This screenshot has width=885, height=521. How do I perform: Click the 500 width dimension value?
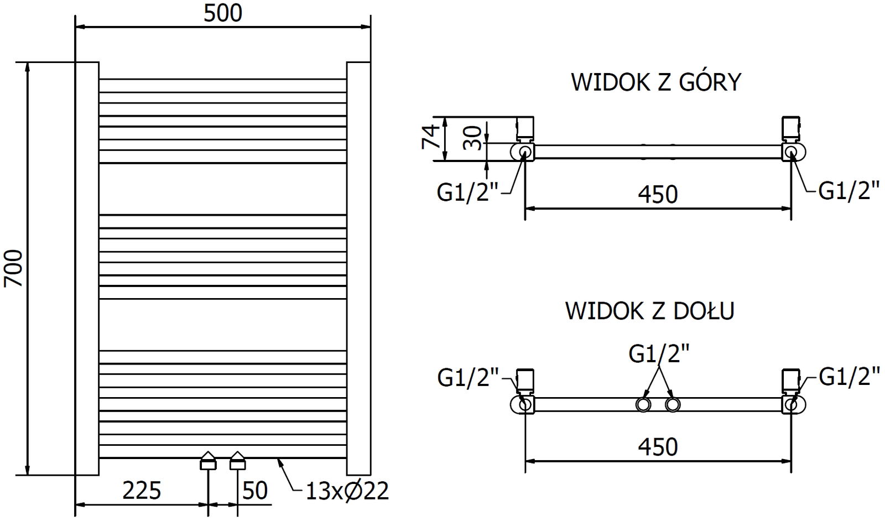(x=222, y=13)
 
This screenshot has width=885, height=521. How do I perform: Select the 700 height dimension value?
(x=14, y=268)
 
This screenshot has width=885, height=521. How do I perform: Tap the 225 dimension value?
(x=142, y=491)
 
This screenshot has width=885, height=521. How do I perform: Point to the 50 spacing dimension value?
(x=255, y=491)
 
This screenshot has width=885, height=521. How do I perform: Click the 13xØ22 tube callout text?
(x=347, y=491)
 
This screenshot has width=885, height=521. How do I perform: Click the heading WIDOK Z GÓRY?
(x=656, y=82)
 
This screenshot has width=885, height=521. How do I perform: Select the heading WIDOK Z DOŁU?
(x=650, y=311)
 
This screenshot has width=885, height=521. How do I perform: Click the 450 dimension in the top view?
(x=658, y=194)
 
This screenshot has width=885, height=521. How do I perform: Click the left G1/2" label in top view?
(x=468, y=193)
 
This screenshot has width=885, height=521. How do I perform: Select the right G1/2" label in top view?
(x=849, y=191)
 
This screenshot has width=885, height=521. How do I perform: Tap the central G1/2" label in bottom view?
(x=659, y=353)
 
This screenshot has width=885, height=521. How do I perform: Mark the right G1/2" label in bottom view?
(x=849, y=377)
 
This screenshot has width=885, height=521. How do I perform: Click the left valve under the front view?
(x=208, y=460)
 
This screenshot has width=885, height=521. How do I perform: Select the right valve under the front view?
(x=238, y=460)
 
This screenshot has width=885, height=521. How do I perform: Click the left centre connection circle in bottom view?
(x=643, y=405)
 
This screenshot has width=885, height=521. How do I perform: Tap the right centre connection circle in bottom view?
(x=672, y=405)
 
